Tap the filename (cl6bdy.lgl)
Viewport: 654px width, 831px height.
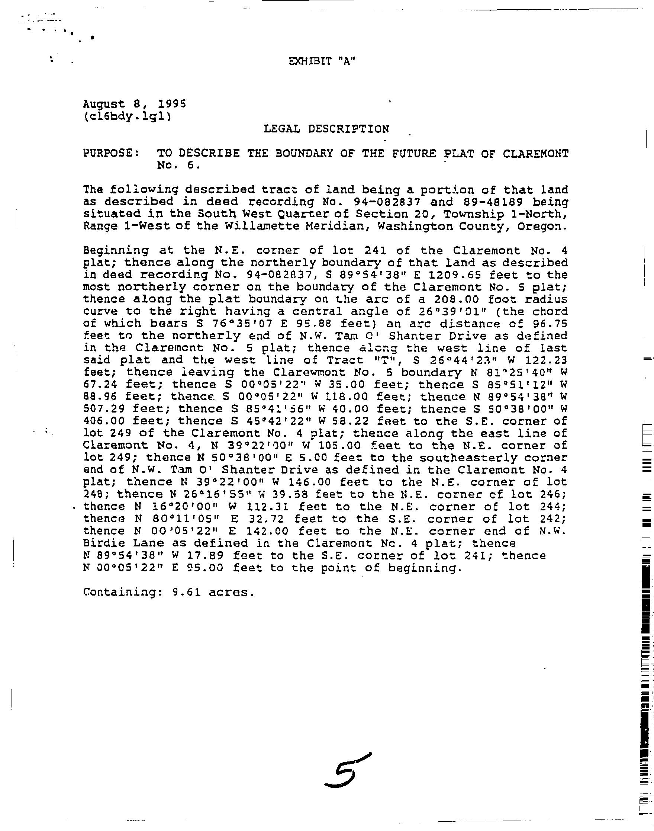point(127,116)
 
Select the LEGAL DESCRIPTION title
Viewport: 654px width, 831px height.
point(326,129)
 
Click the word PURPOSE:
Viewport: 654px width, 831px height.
point(112,154)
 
